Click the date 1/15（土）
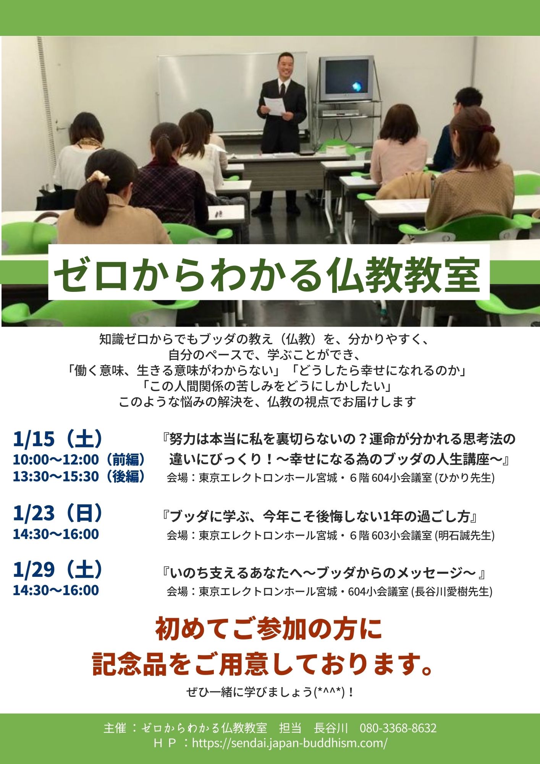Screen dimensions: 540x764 [x=58, y=439]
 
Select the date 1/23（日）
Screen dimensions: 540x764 [x=58, y=513]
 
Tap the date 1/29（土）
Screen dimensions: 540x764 [x=58, y=570]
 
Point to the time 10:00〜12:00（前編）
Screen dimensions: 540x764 [x=79, y=460]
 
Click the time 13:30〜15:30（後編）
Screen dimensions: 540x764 [x=79, y=476]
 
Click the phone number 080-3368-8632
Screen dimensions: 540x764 [x=398, y=728]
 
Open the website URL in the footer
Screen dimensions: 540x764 [x=290, y=743]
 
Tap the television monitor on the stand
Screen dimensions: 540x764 [x=346, y=79]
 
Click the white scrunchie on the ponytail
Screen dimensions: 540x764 [x=99, y=177]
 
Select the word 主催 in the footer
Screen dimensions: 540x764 [x=115, y=728]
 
